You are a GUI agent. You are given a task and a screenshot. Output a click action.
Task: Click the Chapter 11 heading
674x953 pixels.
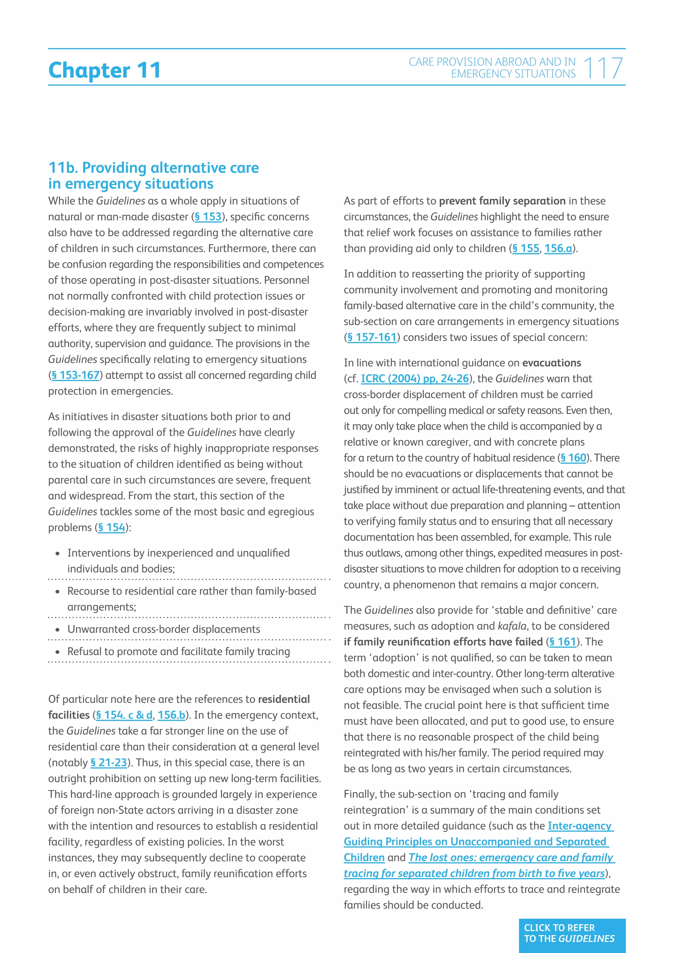tap(104, 70)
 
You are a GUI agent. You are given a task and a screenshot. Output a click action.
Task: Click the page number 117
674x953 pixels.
tap(603, 68)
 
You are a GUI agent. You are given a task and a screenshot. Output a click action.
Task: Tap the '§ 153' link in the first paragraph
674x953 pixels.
tap(208, 217)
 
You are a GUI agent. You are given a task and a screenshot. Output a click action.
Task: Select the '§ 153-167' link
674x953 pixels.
tap(75, 375)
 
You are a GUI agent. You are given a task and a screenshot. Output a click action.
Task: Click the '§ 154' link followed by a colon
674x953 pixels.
tap(112, 528)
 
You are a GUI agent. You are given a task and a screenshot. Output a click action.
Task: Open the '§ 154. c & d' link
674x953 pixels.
tap(124, 715)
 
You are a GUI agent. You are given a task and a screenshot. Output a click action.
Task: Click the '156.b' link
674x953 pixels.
tap(171, 715)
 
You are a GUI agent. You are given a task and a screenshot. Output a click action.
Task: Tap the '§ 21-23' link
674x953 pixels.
tap(109, 762)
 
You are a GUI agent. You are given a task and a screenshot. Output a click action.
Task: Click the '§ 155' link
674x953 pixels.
tap(526, 249)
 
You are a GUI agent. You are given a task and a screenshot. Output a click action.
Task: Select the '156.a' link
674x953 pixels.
tap(558, 249)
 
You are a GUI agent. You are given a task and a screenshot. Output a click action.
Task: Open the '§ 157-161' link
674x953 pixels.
tap(372, 337)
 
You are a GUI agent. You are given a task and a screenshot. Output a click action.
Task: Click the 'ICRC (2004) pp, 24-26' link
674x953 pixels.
tap(415, 378)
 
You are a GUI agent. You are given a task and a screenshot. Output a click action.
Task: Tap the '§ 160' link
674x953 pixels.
tap(573, 458)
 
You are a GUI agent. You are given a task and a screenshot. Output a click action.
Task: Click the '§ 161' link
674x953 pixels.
tap(563, 642)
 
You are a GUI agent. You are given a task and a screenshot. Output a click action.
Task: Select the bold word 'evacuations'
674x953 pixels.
tap(552, 363)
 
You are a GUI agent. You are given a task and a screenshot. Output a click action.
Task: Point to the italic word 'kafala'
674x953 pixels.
tap(512, 626)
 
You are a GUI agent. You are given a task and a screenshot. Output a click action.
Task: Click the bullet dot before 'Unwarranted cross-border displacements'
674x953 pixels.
tap(58, 630)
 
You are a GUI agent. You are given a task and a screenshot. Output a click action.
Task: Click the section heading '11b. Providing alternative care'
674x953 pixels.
tap(154, 168)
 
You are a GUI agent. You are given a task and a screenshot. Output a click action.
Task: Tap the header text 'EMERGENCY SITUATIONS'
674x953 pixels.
tap(513, 74)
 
